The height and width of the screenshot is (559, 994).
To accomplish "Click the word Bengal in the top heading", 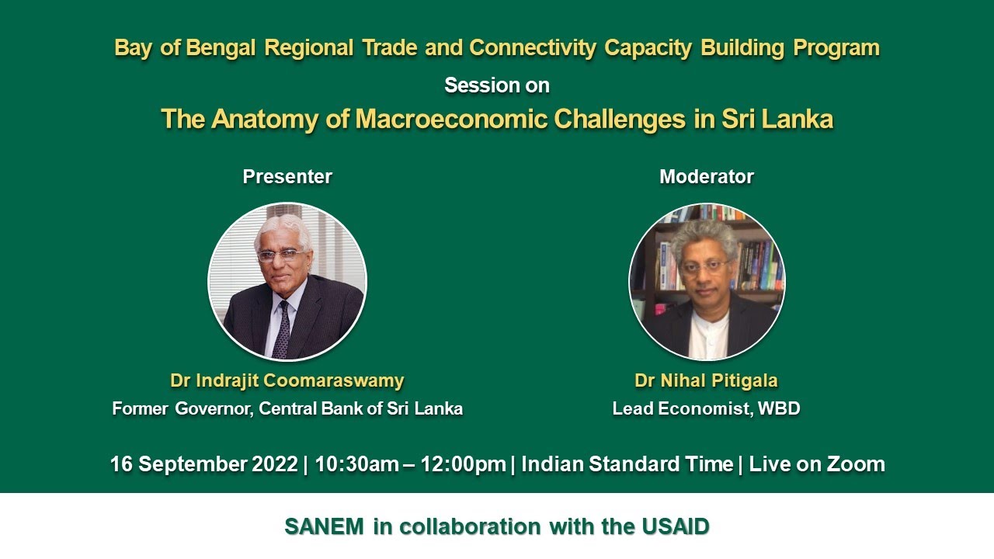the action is (x=221, y=48).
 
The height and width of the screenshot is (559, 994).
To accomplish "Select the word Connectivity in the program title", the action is (x=533, y=48).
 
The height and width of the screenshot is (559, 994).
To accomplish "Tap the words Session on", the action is (x=497, y=85).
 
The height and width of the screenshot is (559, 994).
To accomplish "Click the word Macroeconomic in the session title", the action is (x=451, y=119).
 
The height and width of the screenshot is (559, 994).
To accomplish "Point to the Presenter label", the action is (x=287, y=176).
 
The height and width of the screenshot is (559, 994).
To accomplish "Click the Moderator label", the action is (x=707, y=176).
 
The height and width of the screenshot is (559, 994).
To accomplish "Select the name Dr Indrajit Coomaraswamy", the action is (x=287, y=380).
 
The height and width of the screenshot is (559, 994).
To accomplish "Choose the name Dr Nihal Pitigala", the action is (x=707, y=380).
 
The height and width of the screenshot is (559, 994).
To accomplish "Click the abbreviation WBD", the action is (x=779, y=408).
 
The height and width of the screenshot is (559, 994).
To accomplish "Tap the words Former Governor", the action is (x=182, y=408).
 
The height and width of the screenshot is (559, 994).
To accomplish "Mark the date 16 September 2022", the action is (x=204, y=464).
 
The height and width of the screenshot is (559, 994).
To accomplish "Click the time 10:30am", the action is (x=356, y=464).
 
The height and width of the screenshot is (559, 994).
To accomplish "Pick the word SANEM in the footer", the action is (x=325, y=526).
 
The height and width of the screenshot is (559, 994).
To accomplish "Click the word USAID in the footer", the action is (x=676, y=526).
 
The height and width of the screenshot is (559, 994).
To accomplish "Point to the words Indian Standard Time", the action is (x=627, y=464).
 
